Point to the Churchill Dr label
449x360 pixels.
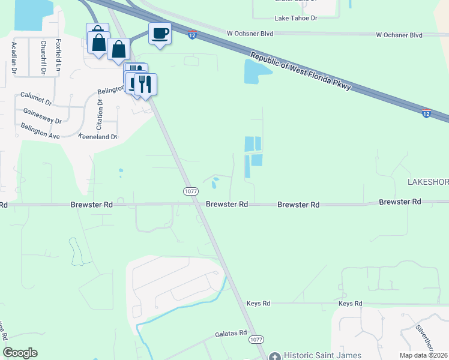point(43,57)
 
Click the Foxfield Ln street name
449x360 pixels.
point(58,55)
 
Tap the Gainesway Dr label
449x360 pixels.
point(42,116)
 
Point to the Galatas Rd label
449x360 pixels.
point(231,333)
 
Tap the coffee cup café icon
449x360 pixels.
point(160,34)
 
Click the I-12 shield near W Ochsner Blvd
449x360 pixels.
point(192,35)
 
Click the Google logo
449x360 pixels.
point(20,353)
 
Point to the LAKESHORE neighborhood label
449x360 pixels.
point(427,182)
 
